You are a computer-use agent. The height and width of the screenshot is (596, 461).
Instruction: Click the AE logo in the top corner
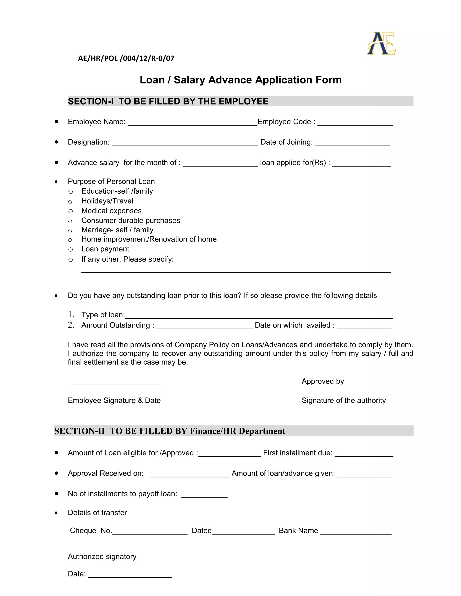tap(382, 43)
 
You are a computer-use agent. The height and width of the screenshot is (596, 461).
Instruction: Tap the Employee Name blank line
tap(192, 123)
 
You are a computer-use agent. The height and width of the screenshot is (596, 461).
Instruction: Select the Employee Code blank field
tap(355, 123)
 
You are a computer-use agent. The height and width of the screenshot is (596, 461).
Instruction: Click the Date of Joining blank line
tap(352, 143)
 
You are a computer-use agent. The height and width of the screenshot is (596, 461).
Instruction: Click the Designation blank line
tap(185, 143)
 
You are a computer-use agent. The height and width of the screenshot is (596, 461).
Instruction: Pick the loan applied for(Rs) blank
tap(361, 164)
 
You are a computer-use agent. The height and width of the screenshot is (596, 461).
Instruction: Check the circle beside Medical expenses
tap(70, 211)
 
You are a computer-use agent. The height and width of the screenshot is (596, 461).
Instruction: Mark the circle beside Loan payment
tap(70, 249)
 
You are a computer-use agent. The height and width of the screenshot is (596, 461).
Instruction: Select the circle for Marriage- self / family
tap(70, 231)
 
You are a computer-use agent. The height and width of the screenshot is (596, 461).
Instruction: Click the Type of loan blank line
tap(258, 316)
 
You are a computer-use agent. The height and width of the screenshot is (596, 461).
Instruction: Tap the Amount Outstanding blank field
tap(204, 326)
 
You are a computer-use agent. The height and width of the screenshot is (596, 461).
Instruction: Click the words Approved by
tap(323, 381)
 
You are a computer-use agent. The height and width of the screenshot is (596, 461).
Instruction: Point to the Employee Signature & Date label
tap(114, 400)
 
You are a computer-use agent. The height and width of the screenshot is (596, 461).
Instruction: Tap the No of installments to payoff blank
tap(204, 495)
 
